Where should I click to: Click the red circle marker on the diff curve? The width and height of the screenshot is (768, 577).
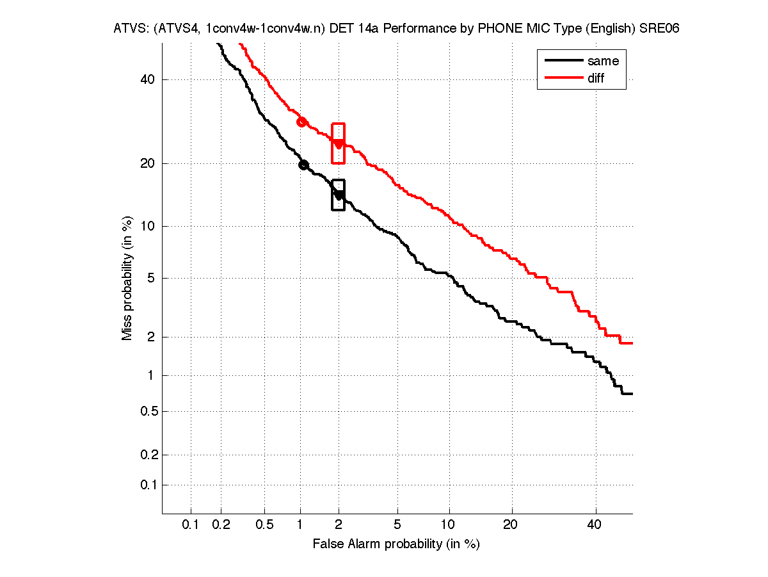pyautogui.click(x=301, y=122)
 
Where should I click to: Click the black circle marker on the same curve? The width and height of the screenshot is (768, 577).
pyautogui.click(x=304, y=165)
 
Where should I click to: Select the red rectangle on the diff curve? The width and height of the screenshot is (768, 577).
pyautogui.click(x=339, y=143)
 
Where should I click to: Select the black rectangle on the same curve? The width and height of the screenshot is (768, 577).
pyautogui.click(x=338, y=195)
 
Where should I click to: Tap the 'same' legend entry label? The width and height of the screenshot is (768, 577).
pyautogui.click(x=603, y=61)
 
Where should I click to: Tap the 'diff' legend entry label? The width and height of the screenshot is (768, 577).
pyautogui.click(x=596, y=78)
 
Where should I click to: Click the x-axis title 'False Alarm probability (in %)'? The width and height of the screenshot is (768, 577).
pyautogui.click(x=396, y=544)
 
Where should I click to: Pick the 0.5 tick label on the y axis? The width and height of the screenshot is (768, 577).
pyautogui.click(x=148, y=411)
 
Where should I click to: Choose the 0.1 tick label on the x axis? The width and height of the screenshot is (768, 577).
pyautogui.click(x=191, y=525)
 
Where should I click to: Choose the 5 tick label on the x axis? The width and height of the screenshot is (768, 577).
pyautogui.click(x=397, y=525)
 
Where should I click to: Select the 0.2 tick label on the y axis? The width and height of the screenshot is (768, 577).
pyautogui.click(x=148, y=455)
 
